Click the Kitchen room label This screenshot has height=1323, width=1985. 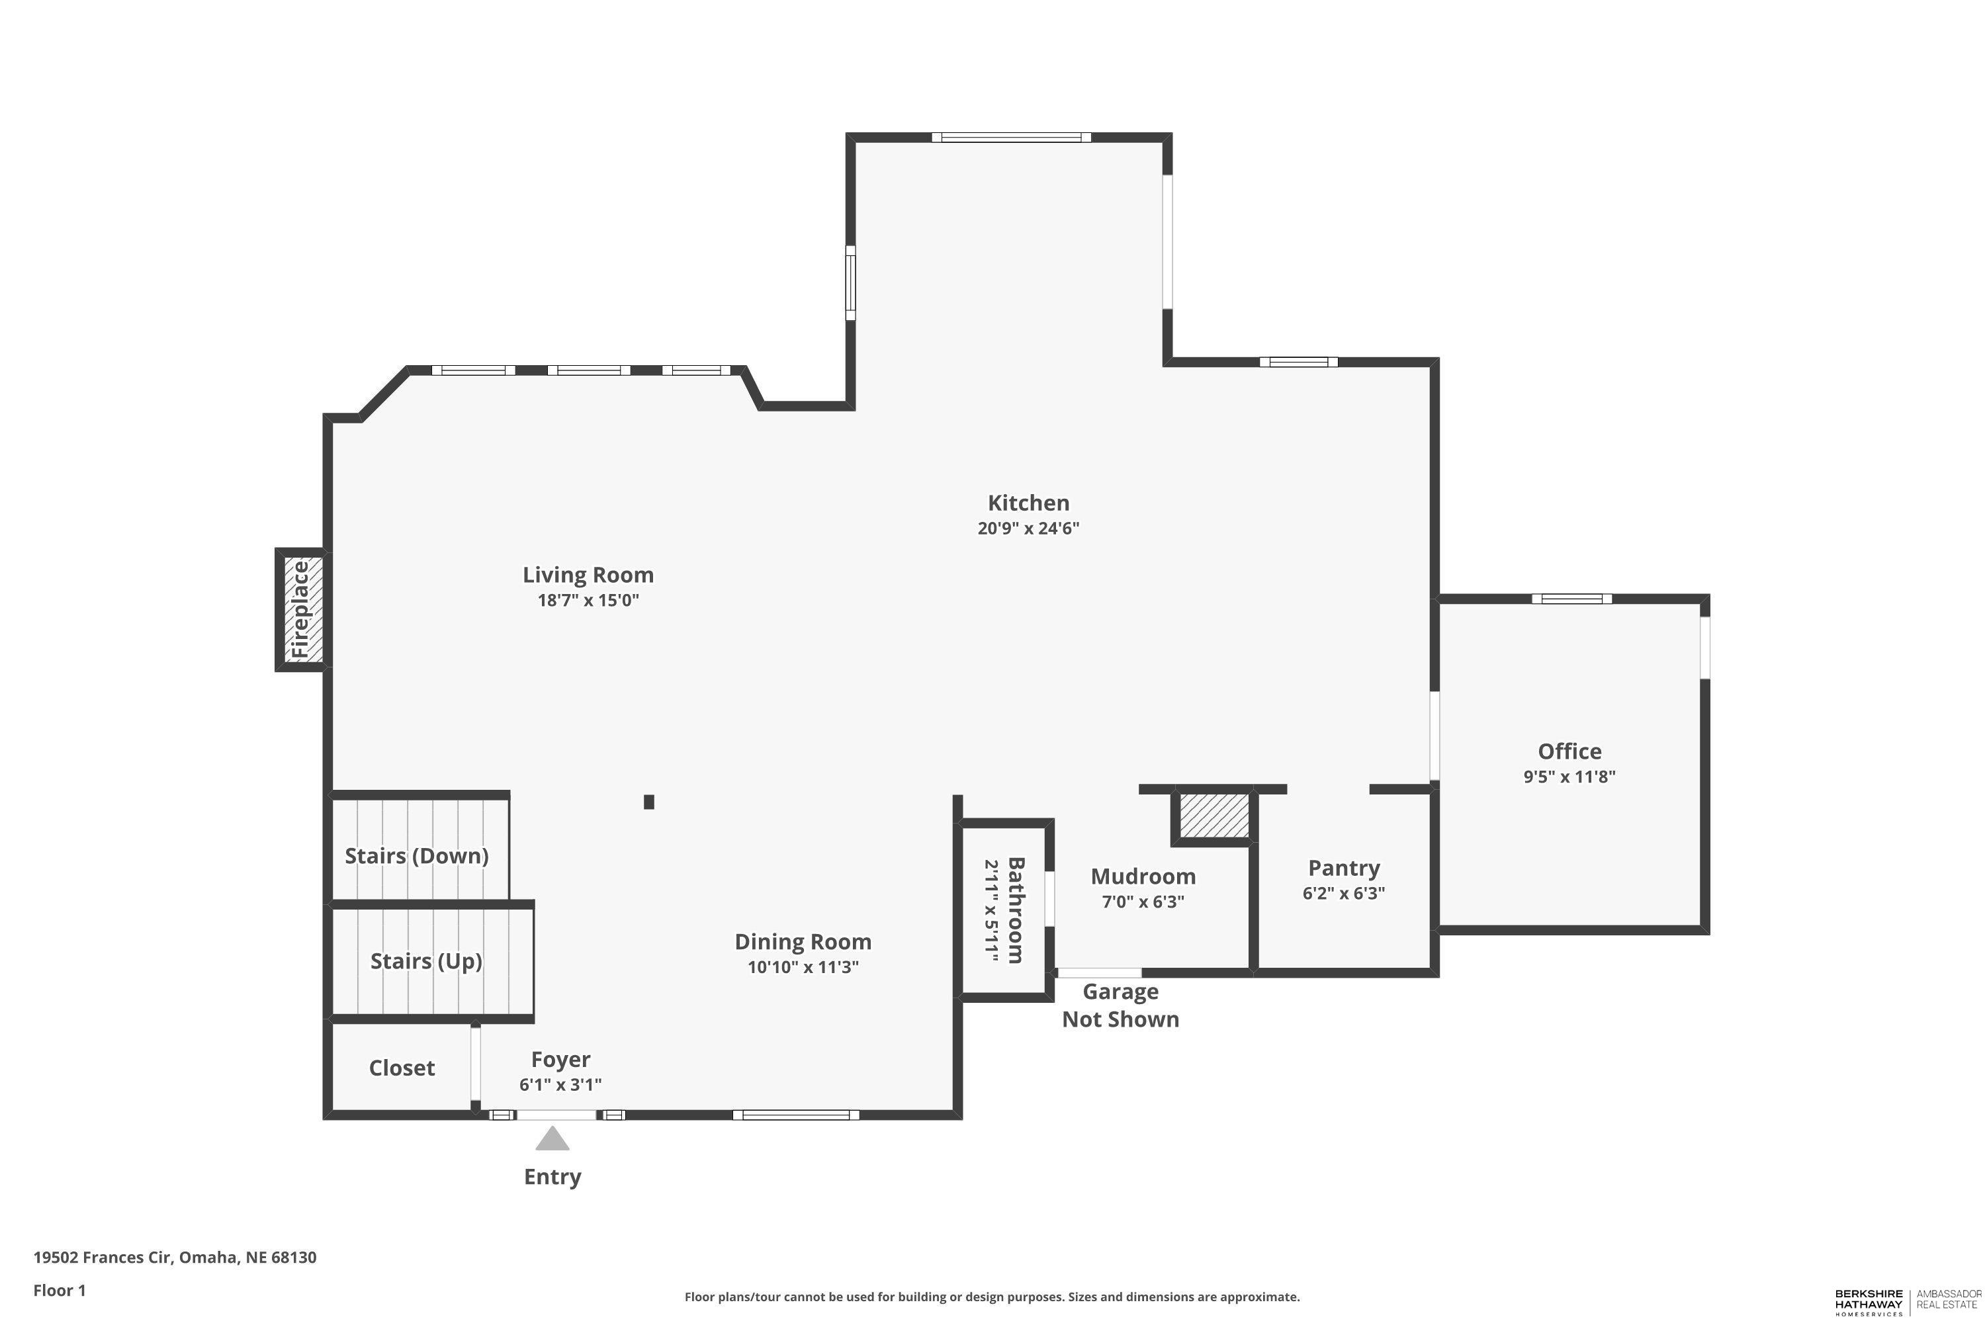(x=1028, y=503)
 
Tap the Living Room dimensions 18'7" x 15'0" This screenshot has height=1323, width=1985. (x=588, y=601)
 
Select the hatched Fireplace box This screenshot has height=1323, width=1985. (x=301, y=609)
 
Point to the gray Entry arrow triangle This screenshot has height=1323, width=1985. (x=552, y=1138)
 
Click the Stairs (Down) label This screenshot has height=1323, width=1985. (x=417, y=855)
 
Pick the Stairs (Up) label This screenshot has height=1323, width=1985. (x=426, y=961)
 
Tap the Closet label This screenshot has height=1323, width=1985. (x=402, y=1068)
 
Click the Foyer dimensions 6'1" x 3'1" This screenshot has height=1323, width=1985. (x=560, y=1085)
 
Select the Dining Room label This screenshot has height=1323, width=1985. (x=803, y=941)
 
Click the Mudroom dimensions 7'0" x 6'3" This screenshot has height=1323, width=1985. (x=1143, y=901)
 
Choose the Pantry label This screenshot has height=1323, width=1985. (x=1344, y=868)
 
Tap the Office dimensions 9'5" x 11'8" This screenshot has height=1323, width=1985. (x=1569, y=776)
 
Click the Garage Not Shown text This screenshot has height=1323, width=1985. (x=1120, y=1005)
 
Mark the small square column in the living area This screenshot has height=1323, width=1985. (x=649, y=802)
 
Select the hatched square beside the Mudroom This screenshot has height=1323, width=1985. (x=1213, y=816)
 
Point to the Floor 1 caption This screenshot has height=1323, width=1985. (x=60, y=1290)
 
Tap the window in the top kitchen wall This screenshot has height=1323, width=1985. (x=1011, y=138)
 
